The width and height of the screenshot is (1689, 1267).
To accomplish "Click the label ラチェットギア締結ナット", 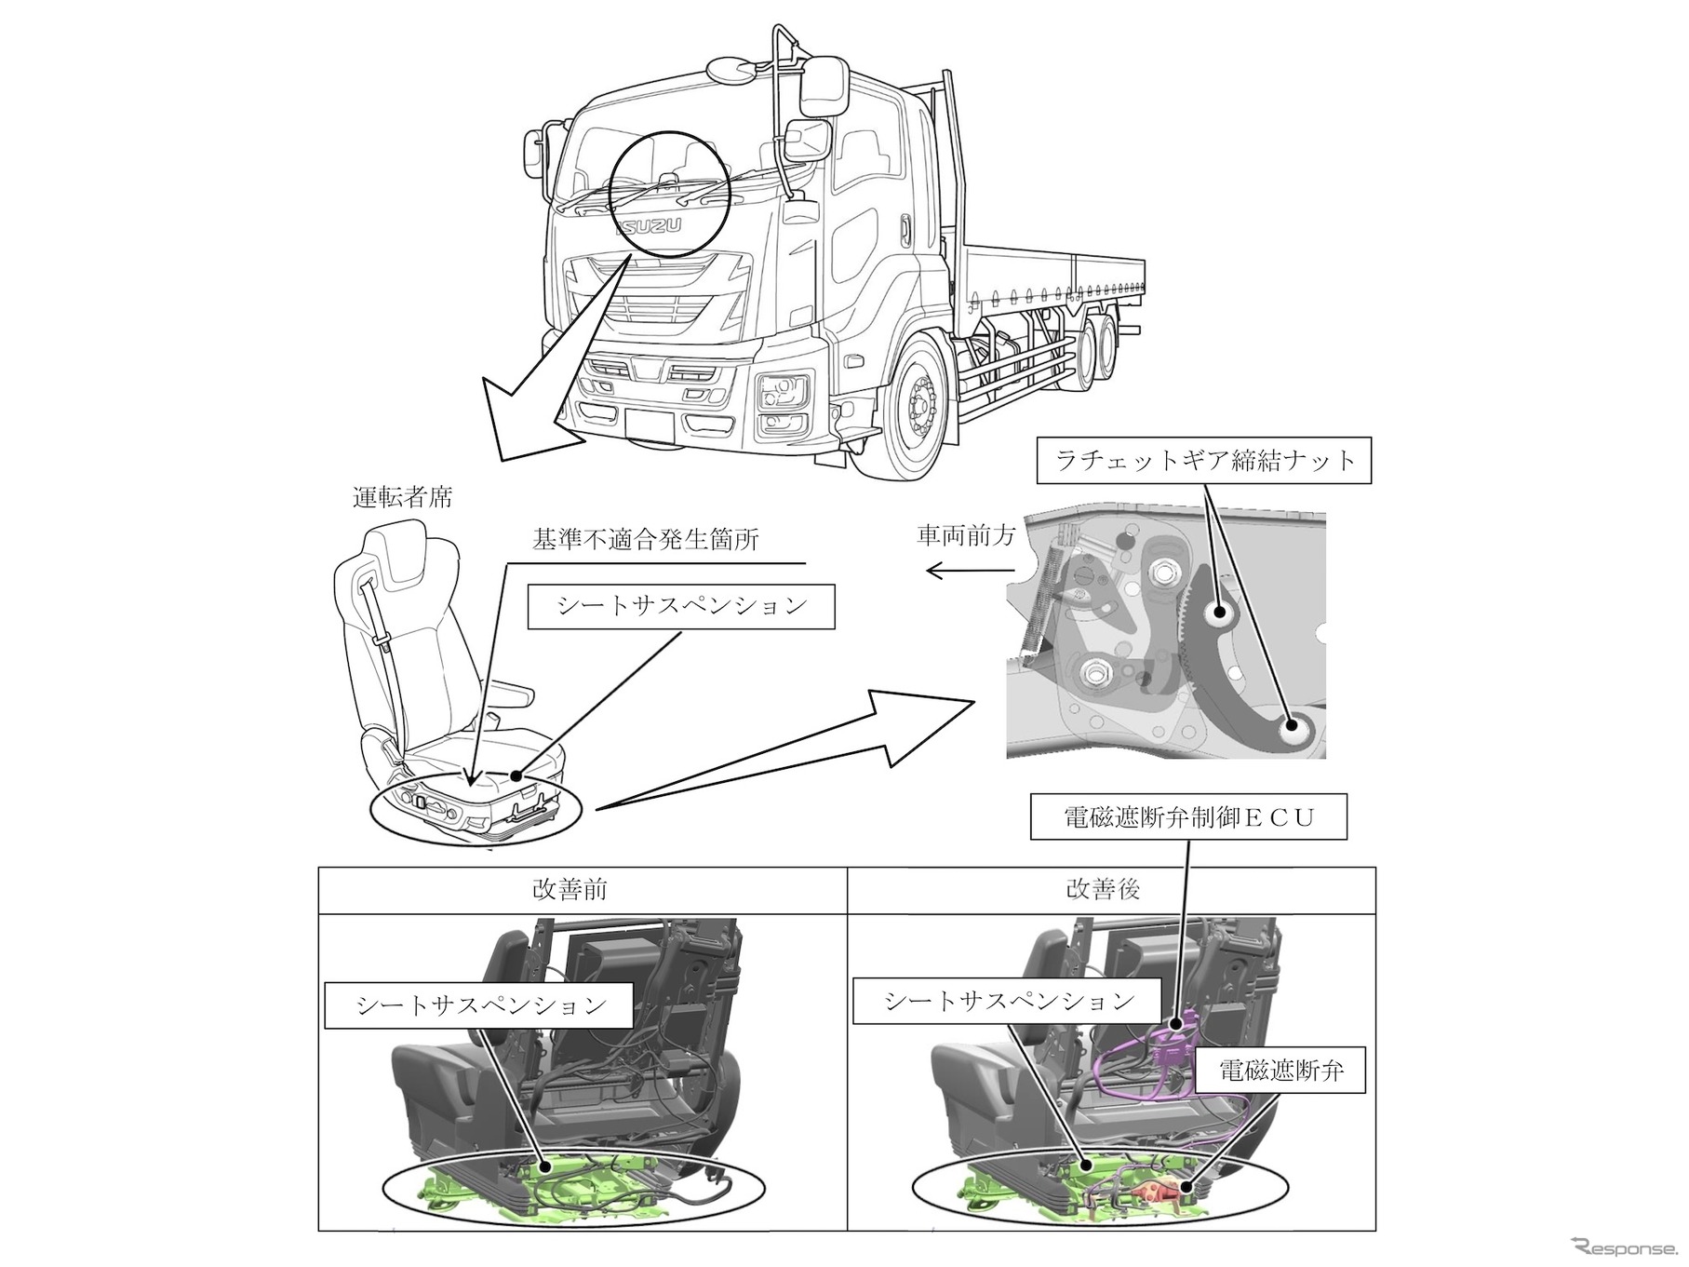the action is [1204, 460].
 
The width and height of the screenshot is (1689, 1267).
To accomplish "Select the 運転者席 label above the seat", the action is [403, 497].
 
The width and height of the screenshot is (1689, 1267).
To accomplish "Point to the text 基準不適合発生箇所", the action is [646, 540].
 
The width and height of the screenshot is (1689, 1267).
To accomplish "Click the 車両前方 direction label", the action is [966, 535].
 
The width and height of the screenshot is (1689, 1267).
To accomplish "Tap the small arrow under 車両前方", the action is [958, 571].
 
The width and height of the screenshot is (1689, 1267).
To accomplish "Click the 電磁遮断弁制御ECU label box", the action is [1188, 817].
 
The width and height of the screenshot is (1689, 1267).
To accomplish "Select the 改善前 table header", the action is [570, 890].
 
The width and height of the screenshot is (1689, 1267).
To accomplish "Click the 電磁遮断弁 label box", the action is [1281, 1071].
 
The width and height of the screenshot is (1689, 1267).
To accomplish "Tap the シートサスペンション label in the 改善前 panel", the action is [480, 1004].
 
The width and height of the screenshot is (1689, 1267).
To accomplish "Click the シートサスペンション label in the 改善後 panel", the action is [1008, 1001].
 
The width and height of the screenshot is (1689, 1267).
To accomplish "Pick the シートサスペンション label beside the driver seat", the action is [681, 606].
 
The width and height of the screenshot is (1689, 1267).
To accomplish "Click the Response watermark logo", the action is [1621, 1247].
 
